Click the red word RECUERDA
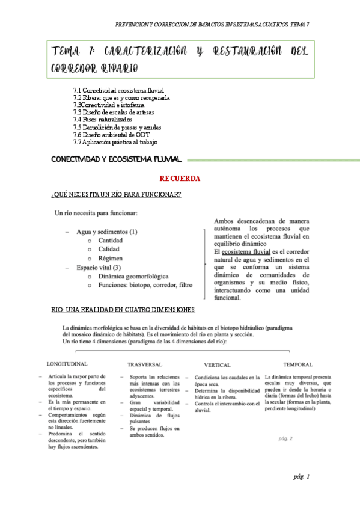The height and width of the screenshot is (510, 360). pyautogui.click(x=180, y=179)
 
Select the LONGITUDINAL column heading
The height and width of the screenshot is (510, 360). pyautogui.click(x=67, y=364)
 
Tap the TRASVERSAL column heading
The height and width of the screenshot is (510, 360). pyautogui.click(x=145, y=364)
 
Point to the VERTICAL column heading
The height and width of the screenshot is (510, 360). pyautogui.click(x=217, y=365)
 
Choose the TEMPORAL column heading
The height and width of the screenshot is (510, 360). pyautogui.click(x=297, y=364)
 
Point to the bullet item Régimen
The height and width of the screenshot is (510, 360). pyautogui.click(x=110, y=258)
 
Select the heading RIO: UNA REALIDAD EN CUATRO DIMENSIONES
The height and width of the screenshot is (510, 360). pyautogui.click(x=123, y=310)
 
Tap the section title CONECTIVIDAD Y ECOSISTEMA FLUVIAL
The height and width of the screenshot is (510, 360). pyautogui.click(x=116, y=159)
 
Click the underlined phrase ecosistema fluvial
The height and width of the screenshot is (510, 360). pyautogui.click(x=246, y=252)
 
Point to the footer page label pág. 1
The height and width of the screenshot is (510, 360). pyautogui.click(x=301, y=477)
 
